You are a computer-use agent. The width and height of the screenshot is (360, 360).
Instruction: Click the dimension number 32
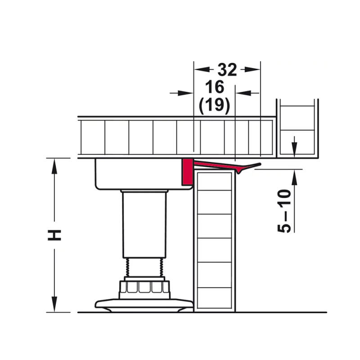tap(227, 70)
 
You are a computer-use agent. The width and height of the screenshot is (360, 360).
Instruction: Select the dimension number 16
tap(215, 87)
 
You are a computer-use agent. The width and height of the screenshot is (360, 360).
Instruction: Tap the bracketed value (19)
tap(215, 106)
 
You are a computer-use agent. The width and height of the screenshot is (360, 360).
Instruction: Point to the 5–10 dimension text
tap(284, 211)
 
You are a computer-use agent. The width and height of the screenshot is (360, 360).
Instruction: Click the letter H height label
tap(54, 235)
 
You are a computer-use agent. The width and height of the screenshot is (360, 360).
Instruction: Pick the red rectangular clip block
tap(187, 172)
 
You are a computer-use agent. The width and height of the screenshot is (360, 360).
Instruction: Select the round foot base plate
tap(144, 305)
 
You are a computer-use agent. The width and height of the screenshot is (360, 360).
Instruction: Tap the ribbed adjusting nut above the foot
tap(144, 287)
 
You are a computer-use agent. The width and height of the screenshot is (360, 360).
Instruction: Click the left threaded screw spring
tap(128, 267)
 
